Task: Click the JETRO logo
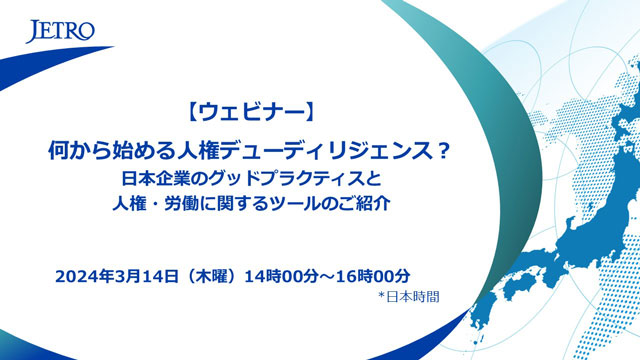point(60,31)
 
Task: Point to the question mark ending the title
point(443,151)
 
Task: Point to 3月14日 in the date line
point(147,276)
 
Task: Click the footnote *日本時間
point(409,297)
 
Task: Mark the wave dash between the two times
point(327,277)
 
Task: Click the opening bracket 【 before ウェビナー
point(193,112)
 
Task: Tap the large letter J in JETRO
point(33,31)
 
